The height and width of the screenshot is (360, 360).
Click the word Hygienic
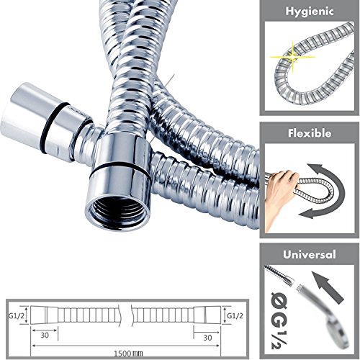point(310,12)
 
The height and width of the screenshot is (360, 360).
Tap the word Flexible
point(310,133)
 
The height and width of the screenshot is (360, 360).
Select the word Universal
point(310,254)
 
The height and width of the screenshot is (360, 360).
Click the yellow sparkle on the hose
point(293,57)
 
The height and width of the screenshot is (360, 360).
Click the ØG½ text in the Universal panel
point(279,320)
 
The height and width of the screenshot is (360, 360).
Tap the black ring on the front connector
point(120,168)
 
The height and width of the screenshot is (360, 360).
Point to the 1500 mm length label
point(128,354)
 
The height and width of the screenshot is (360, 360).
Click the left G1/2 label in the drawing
point(17,316)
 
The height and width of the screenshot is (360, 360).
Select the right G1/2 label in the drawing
point(235,316)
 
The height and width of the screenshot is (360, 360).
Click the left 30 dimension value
point(45,336)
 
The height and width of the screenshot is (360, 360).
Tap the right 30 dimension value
point(207,338)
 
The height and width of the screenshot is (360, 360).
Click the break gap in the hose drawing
point(126,315)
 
